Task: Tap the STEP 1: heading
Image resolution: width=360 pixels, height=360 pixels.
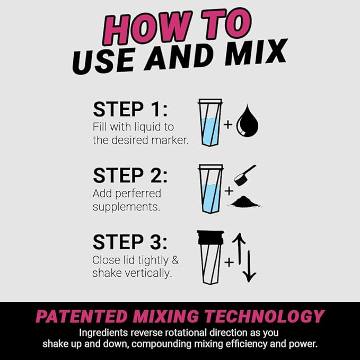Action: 130,109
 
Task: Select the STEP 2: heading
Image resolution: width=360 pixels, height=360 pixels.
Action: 130,175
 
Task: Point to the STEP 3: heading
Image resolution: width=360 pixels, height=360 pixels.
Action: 130,242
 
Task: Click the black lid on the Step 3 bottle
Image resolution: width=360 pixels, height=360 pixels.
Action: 210,237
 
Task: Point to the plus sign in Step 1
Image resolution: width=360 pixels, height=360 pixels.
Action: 228,125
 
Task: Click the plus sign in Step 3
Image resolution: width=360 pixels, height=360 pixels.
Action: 229,261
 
